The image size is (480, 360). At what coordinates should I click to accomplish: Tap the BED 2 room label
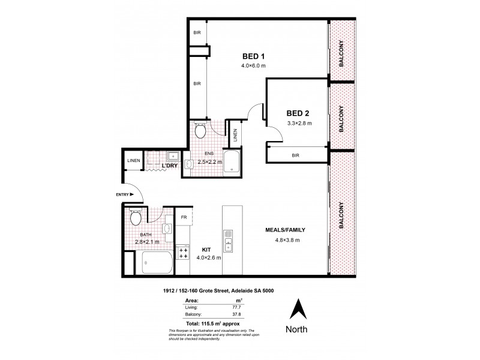pos(298,112)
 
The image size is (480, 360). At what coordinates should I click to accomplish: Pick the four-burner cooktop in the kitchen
pos(182,254)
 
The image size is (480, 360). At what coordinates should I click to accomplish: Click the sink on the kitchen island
pos(229,244)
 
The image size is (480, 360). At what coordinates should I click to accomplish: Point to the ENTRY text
pos(107,194)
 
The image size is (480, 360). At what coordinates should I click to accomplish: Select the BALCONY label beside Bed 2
pos(341,119)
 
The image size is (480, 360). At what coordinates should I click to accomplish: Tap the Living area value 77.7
pos(237,305)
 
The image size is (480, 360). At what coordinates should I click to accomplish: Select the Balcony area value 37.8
pos(237,313)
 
